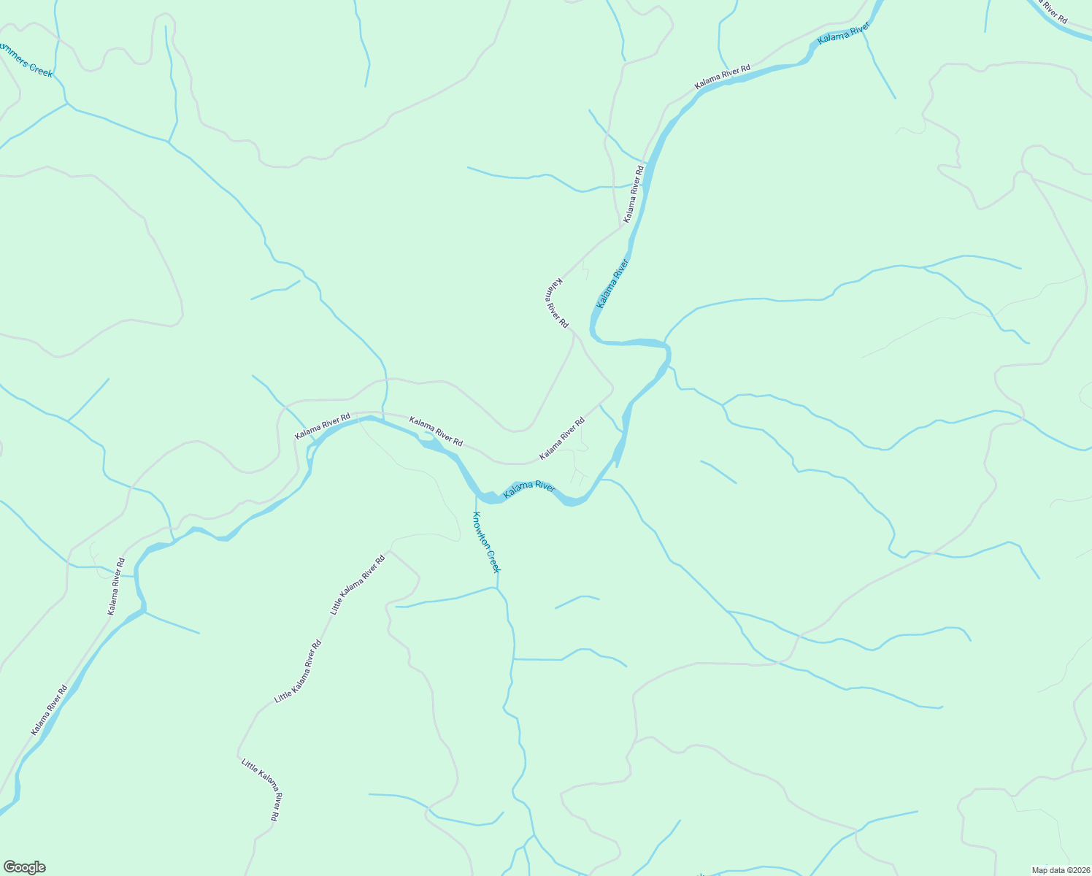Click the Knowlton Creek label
tap(486, 542)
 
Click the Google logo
tap(24, 867)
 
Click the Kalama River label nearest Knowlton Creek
tap(529, 489)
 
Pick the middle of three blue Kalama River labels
tap(612, 283)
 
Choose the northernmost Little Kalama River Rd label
tap(358, 585)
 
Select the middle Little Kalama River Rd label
tap(298, 672)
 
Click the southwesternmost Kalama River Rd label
tap(49, 710)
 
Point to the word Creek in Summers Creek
tap(40, 70)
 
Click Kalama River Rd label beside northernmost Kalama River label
tap(722, 77)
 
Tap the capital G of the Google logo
tap(9, 867)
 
